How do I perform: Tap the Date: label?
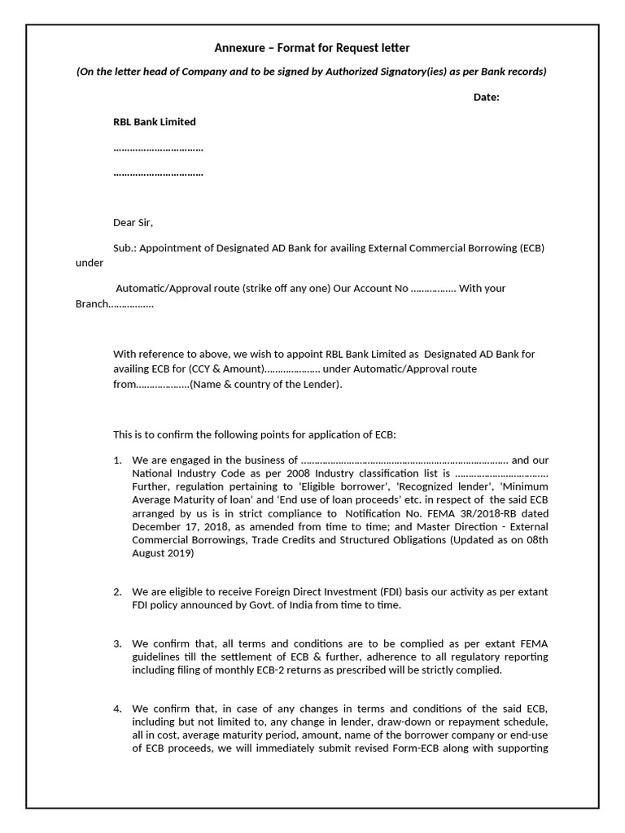pos(487,98)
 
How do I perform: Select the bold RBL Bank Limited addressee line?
pos(154,122)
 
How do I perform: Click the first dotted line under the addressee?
pos(158,149)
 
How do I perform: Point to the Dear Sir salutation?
pos(133,222)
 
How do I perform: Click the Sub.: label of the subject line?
pos(125,248)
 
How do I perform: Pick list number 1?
pos(117,460)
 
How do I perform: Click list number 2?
pos(117,591)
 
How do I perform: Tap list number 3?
pos(117,644)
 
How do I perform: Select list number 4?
pos(117,709)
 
